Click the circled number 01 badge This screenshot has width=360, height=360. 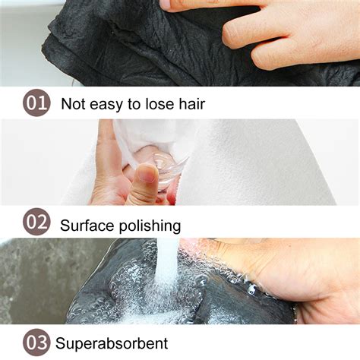click(x=36, y=103)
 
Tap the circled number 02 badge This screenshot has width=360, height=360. click(x=36, y=223)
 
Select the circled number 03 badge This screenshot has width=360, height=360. click(x=36, y=342)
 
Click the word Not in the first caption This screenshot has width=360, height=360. click(x=73, y=104)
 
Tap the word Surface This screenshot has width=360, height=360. click(x=87, y=225)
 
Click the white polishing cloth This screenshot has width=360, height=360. click(x=251, y=163)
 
